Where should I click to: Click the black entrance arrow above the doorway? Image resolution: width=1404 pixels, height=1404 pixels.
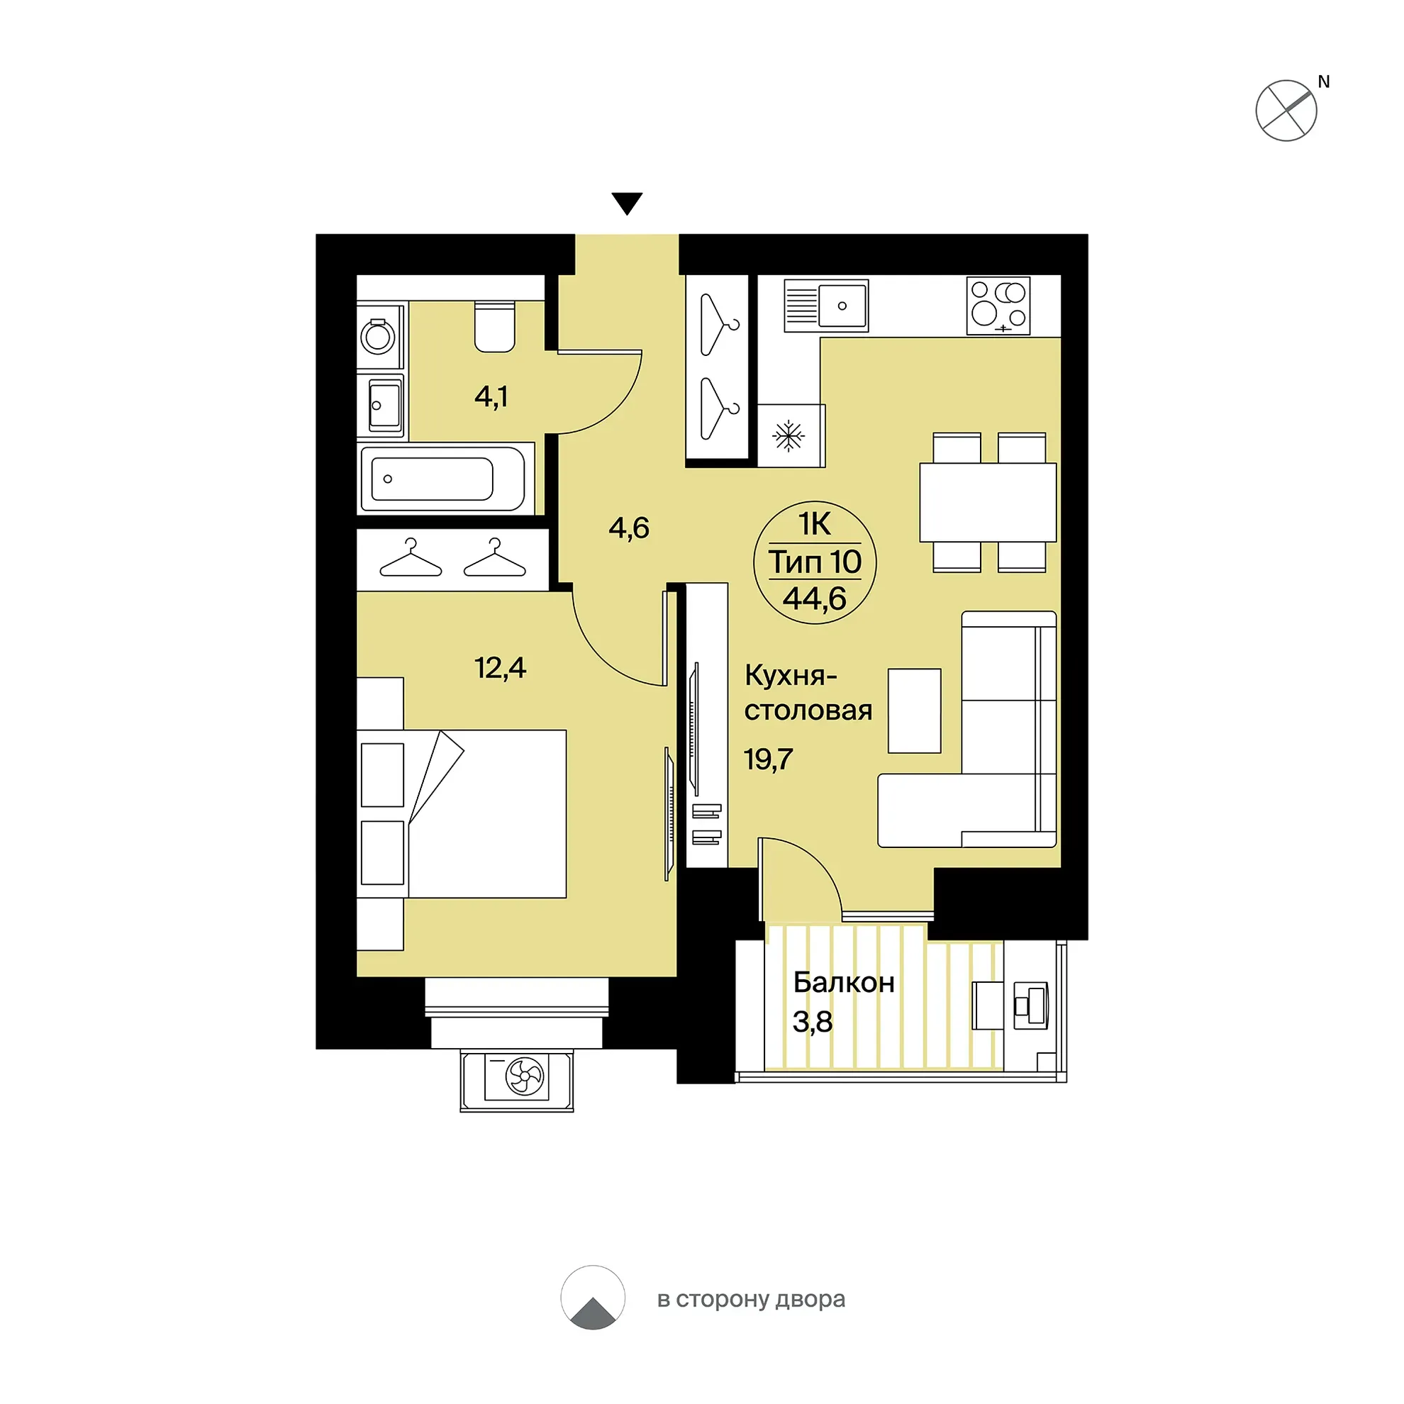(x=626, y=203)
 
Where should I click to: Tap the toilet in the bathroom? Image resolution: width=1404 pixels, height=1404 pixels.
(x=495, y=326)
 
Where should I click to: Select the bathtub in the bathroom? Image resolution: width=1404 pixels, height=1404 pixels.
(x=442, y=479)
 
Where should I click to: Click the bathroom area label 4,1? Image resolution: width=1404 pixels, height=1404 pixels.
(x=491, y=397)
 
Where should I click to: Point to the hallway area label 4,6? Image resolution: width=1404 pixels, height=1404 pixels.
(x=628, y=528)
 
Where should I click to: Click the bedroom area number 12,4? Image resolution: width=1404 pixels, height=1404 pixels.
(x=500, y=667)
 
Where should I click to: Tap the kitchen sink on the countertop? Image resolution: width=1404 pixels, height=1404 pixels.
(x=826, y=305)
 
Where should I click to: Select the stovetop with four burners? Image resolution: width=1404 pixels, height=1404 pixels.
(x=998, y=306)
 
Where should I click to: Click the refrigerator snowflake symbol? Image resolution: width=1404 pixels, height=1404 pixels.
(x=789, y=437)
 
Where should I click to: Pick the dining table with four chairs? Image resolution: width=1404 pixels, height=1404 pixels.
(x=988, y=502)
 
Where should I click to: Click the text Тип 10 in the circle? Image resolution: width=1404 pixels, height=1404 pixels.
(x=815, y=562)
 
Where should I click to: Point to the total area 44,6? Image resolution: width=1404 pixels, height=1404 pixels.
(x=815, y=598)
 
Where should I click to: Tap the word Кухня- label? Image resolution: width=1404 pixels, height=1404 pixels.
(x=791, y=676)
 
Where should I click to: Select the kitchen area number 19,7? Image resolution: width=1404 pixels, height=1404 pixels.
(x=768, y=759)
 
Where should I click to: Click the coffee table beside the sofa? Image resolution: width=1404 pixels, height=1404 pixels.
(x=914, y=711)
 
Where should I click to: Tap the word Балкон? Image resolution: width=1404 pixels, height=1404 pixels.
(x=844, y=983)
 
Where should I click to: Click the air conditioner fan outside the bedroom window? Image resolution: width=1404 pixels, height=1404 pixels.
(x=524, y=1076)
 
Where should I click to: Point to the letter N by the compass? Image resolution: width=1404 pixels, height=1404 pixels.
(x=1323, y=82)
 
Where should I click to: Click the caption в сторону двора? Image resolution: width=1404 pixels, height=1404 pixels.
(x=751, y=1299)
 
